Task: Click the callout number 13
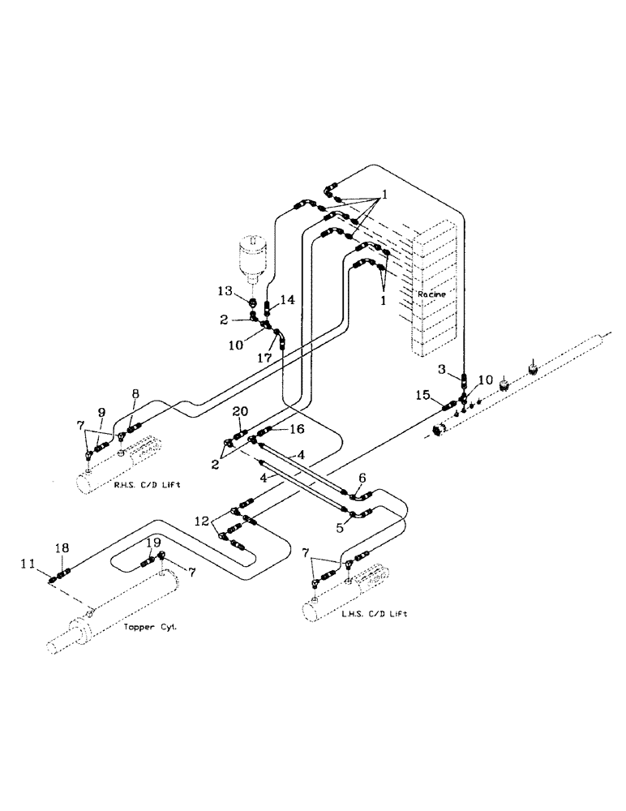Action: coord(233,291)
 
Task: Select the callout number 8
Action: coord(135,394)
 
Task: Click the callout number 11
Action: coord(29,562)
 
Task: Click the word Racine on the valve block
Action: coord(430,294)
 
